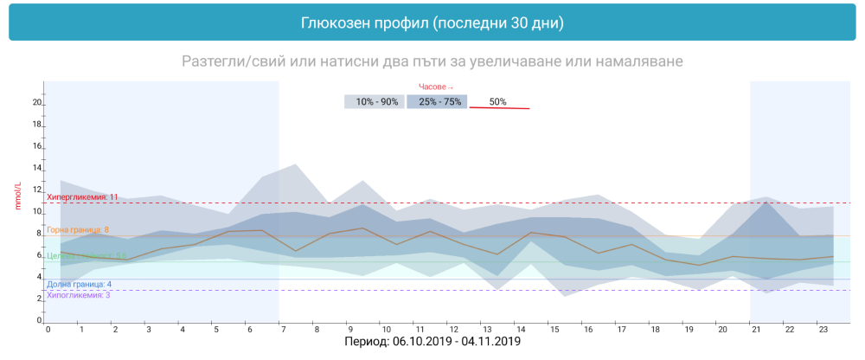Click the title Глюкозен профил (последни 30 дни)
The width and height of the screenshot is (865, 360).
point(432,22)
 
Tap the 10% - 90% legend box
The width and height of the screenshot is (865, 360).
point(376,102)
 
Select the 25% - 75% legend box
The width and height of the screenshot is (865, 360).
point(438,102)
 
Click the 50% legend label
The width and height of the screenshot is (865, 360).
point(498,102)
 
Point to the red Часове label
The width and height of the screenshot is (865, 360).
point(436,87)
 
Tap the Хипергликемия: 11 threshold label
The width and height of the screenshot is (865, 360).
point(81,197)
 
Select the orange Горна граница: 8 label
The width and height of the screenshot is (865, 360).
point(77,230)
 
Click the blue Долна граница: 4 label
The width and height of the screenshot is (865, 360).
point(79,285)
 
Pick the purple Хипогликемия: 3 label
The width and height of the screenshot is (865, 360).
point(78,295)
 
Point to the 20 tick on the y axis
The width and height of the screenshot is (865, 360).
point(36,103)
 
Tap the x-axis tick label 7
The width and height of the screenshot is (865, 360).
point(283,330)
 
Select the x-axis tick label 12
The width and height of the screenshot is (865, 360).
point(452,330)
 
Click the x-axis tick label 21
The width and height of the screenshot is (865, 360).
point(755,330)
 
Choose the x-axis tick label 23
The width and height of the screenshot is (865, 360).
point(823,330)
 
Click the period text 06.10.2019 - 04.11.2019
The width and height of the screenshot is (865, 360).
point(456,343)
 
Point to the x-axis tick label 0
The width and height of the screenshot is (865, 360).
point(48,330)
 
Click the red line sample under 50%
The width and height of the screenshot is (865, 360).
point(499,108)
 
